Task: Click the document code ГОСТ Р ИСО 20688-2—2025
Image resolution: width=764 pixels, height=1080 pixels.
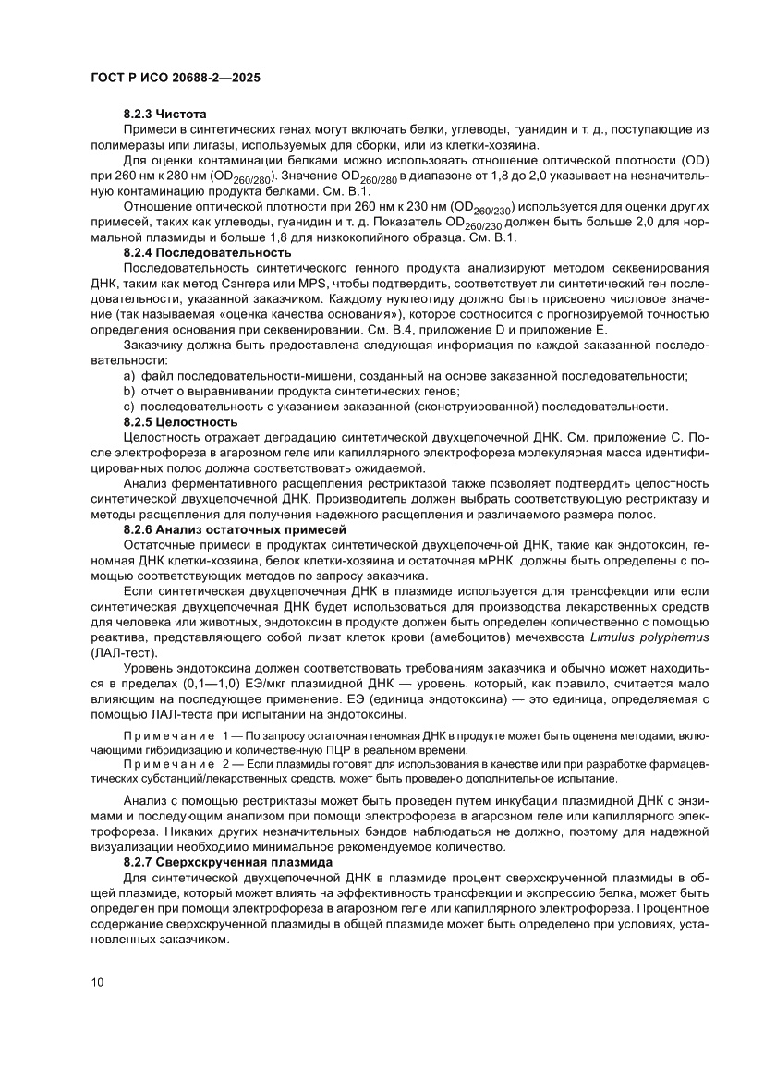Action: tap(176, 79)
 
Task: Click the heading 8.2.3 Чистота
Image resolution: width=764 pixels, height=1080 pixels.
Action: tap(159, 115)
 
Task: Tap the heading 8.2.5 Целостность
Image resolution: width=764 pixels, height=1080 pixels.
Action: tap(180, 421)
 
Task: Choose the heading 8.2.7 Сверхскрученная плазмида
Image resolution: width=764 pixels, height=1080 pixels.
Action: tap(226, 861)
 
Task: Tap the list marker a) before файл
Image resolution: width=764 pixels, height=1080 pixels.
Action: tap(129, 376)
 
